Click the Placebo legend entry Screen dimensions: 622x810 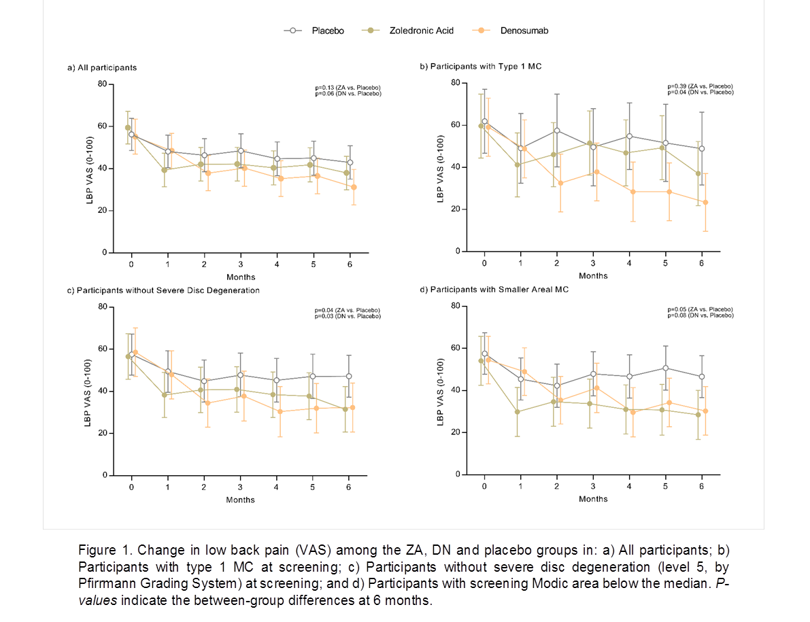(x=327, y=31)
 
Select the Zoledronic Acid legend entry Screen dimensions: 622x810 (x=421, y=31)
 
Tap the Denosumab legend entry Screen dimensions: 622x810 (x=524, y=31)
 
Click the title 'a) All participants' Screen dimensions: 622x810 (x=102, y=68)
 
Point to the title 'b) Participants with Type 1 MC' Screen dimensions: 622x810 (x=481, y=67)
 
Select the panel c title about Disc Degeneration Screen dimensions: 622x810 (x=163, y=290)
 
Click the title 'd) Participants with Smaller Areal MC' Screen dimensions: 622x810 (x=494, y=289)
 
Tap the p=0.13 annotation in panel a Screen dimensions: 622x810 (x=348, y=88)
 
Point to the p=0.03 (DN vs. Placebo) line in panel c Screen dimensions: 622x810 (x=348, y=316)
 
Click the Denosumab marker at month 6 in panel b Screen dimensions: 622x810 (x=705, y=202)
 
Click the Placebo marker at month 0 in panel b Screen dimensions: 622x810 (x=484, y=121)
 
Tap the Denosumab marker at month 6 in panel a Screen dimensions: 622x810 (x=354, y=187)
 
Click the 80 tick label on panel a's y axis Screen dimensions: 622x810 (x=102, y=84)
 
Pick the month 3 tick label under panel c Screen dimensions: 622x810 (x=240, y=486)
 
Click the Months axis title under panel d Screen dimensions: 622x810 (x=594, y=499)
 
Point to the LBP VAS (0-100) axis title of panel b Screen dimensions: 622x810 (x=441, y=167)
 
